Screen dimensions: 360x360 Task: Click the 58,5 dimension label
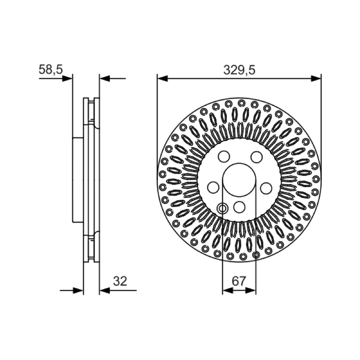50,69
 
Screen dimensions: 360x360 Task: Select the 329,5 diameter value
239,70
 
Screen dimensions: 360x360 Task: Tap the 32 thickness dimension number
120,281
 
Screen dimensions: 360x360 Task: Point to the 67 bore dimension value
239,281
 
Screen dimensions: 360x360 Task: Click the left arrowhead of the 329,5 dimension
162,78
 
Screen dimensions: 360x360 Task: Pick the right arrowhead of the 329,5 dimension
316,78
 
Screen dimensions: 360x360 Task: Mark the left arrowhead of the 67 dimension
228,290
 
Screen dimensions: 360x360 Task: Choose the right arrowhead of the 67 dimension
250,290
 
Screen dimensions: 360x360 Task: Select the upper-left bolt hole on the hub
224,157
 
